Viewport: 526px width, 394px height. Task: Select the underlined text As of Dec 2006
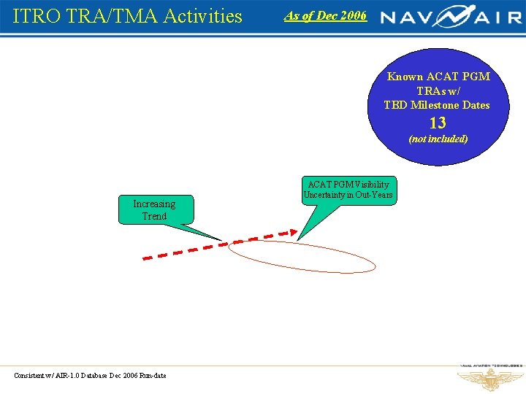325,15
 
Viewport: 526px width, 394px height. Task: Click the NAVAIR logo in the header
451,16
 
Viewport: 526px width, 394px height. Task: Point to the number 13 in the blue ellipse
438,123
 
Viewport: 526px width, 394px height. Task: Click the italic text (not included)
438,139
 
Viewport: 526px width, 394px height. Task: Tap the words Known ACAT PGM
438,77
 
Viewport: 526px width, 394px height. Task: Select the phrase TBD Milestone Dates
437,105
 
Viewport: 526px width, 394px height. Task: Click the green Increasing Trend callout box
154,210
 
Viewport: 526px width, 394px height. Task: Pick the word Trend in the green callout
154,217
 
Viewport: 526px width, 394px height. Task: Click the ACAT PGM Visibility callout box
350,190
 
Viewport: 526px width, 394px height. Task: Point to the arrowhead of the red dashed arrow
294,233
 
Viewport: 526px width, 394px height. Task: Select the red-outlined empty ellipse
301,256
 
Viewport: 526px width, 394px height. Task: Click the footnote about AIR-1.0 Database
90,376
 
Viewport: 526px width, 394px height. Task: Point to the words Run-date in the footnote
151,376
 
